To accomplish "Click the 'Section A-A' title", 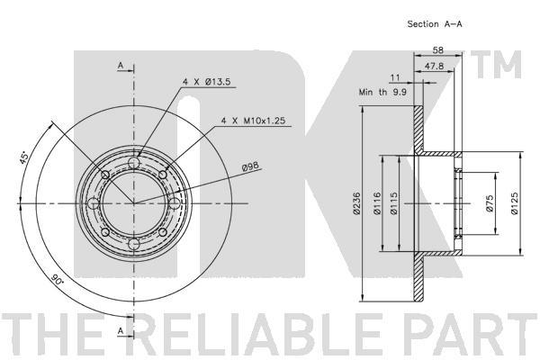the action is point(435,24).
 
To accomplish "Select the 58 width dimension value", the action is point(437,50).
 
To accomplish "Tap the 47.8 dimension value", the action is point(434,66).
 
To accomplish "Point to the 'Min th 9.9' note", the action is point(382,92).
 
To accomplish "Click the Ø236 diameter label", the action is point(356,203).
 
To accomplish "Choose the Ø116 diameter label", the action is point(377,203).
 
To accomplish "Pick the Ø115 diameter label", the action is point(393,203).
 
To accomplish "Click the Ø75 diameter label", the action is point(490,203).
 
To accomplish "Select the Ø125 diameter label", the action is point(514,203).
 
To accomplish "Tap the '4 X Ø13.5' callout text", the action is point(207,82).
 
